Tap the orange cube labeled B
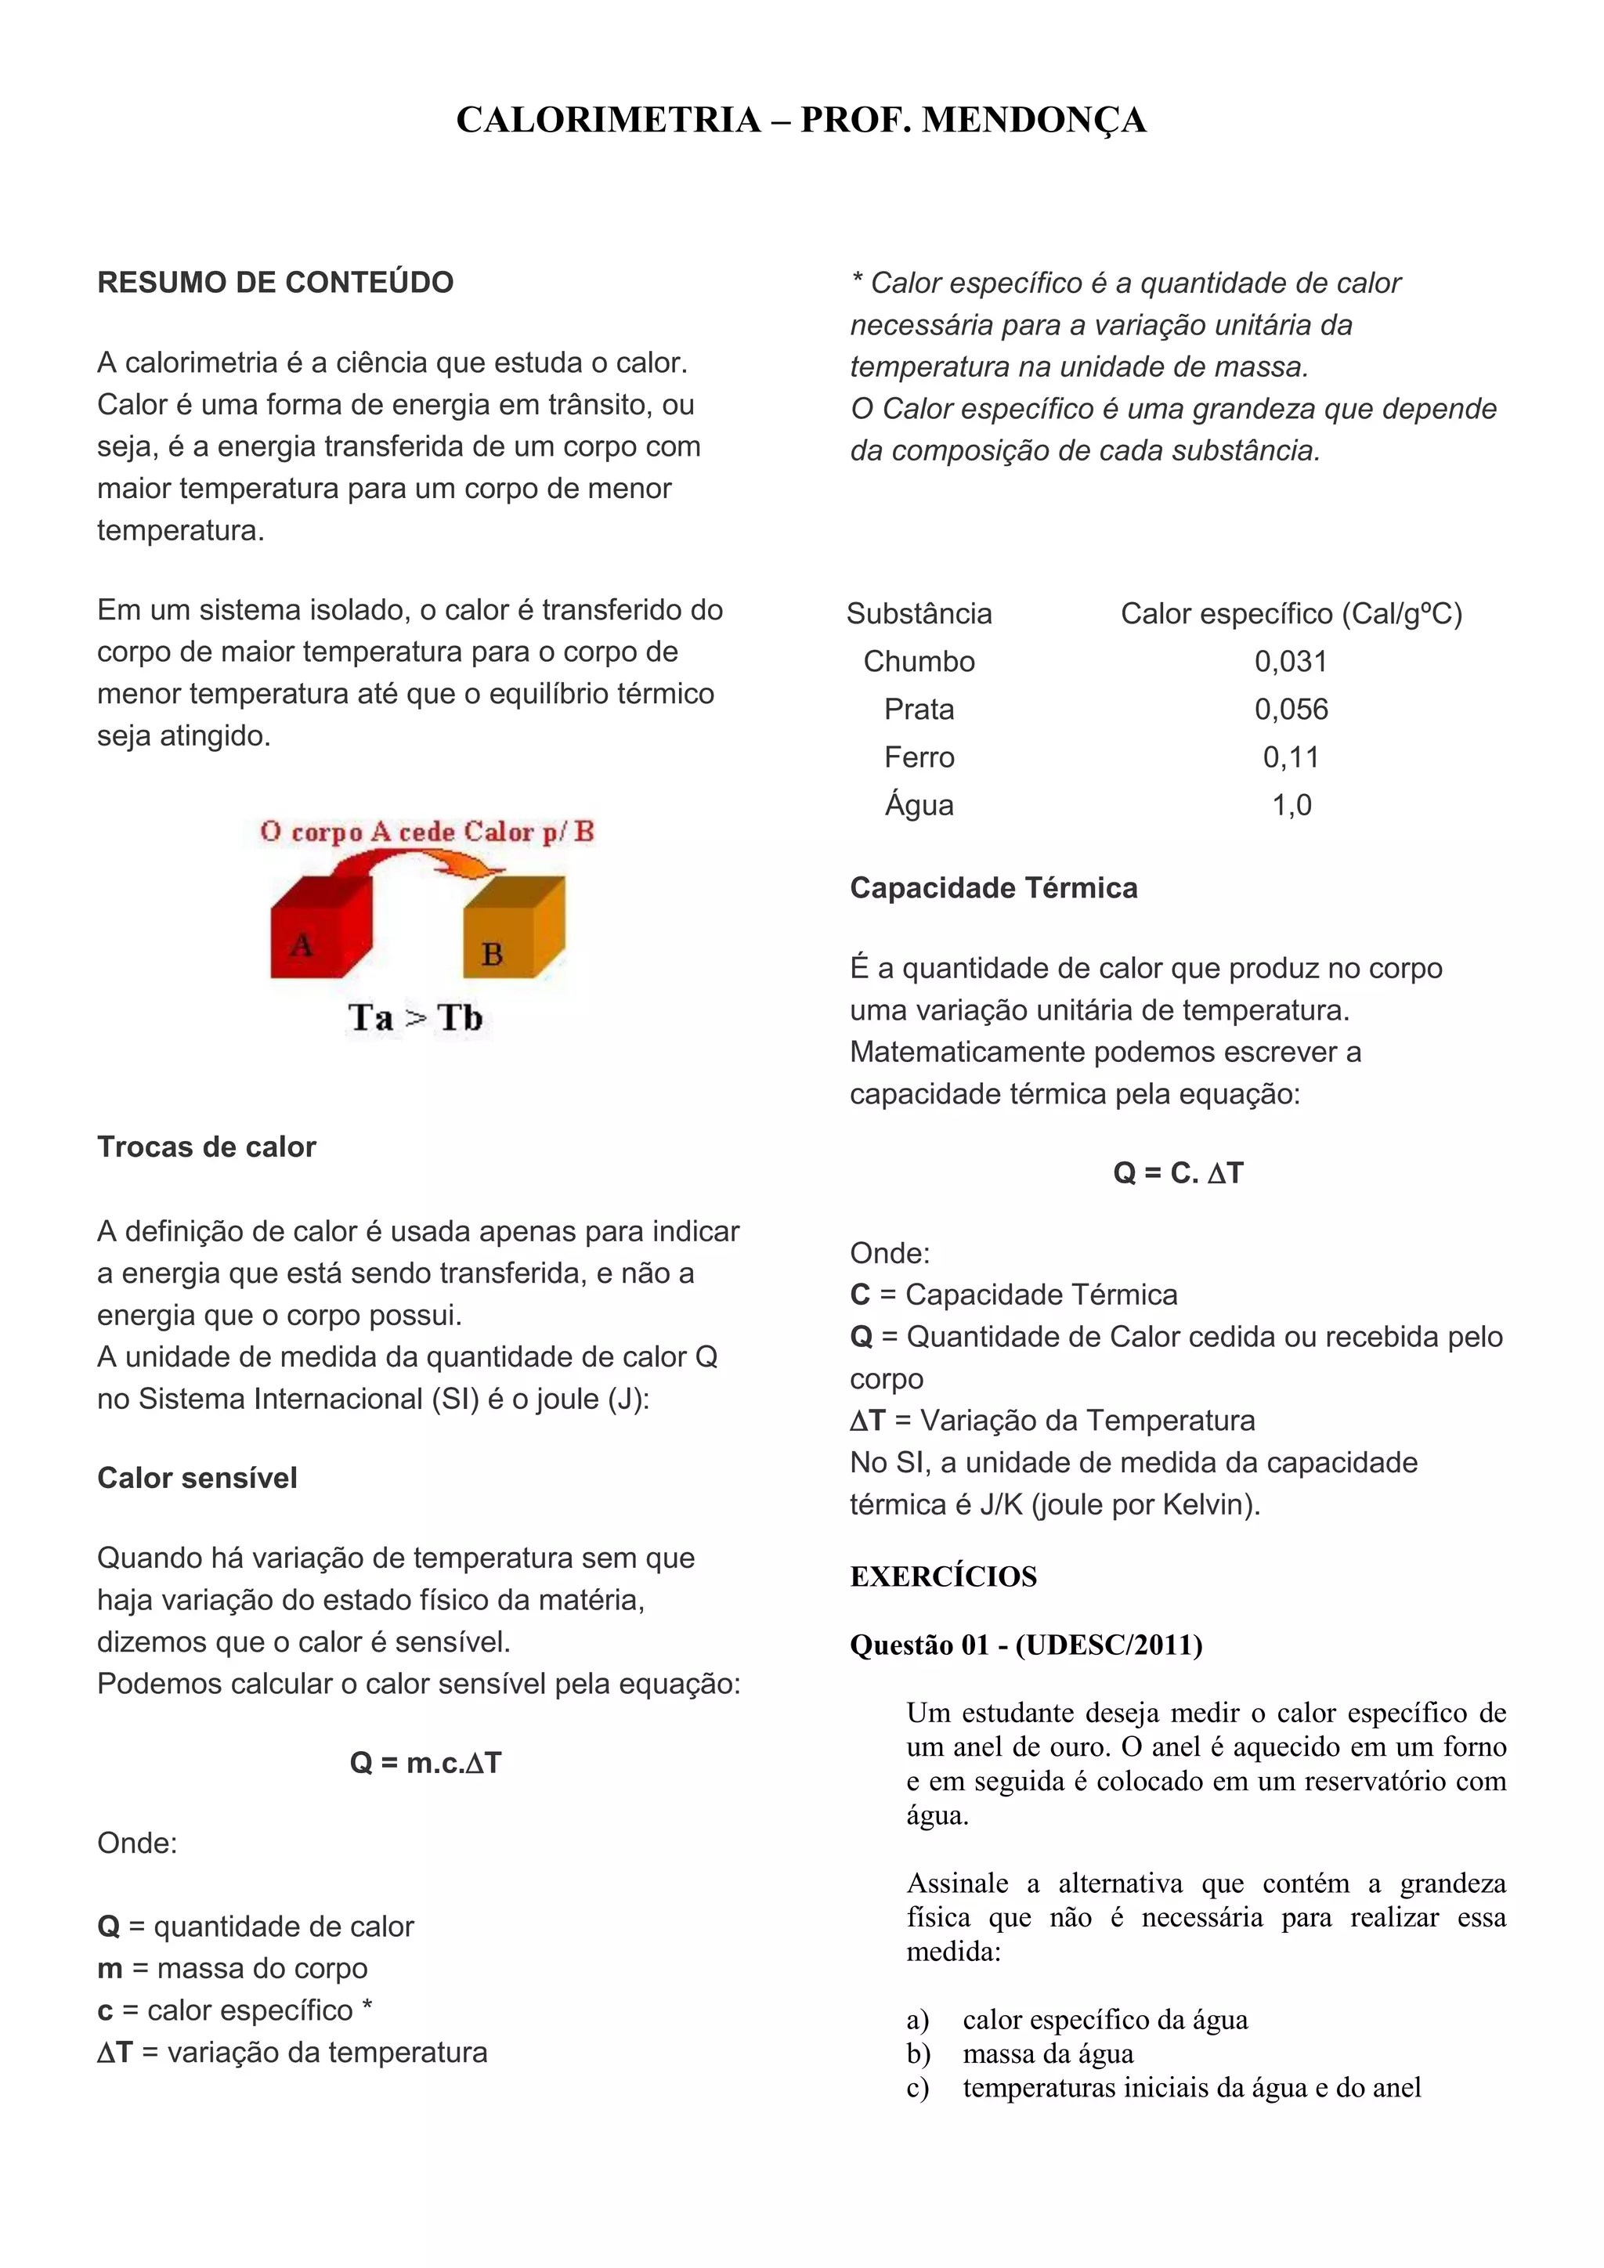point(511,934)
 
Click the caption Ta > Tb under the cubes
point(415,1017)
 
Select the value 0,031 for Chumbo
point(1290,662)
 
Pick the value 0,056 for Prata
point(1291,710)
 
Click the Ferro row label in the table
point(919,757)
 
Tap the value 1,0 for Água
point(1291,805)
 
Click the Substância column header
point(919,613)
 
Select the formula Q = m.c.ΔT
point(426,1763)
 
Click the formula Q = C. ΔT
point(1178,1172)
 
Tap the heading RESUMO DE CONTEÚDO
point(276,283)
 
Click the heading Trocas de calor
point(207,1147)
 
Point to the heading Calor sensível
point(197,1478)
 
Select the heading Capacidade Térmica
point(994,888)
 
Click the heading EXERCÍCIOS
point(943,1576)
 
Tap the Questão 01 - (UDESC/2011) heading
point(1026,1645)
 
